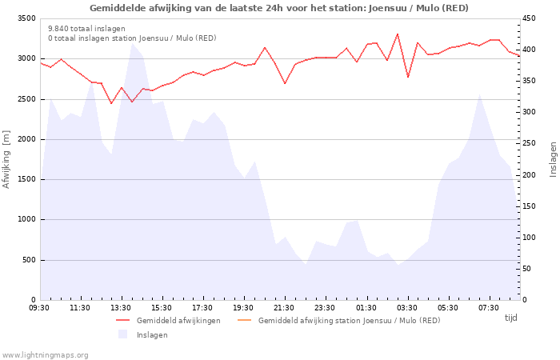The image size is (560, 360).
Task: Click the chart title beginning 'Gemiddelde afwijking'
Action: coord(279,8)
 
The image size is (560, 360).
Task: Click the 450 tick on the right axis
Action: coord(530,18)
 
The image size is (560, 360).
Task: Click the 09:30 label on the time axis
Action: coord(39,308)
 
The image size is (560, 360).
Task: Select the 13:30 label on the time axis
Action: coord(121,308)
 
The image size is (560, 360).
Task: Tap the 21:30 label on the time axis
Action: coord(284,308)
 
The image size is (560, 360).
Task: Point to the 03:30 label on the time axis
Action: coord(406,308)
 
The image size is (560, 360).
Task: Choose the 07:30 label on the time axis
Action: coord(488,308)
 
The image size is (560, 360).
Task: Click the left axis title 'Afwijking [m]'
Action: coord(7,159)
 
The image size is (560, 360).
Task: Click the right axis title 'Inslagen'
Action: coord(553,159)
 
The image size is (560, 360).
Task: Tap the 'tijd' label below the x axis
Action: coord(510,318)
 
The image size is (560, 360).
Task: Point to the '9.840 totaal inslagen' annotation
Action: coord(86,29)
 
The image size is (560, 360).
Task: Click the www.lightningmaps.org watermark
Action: coord(46,354)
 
